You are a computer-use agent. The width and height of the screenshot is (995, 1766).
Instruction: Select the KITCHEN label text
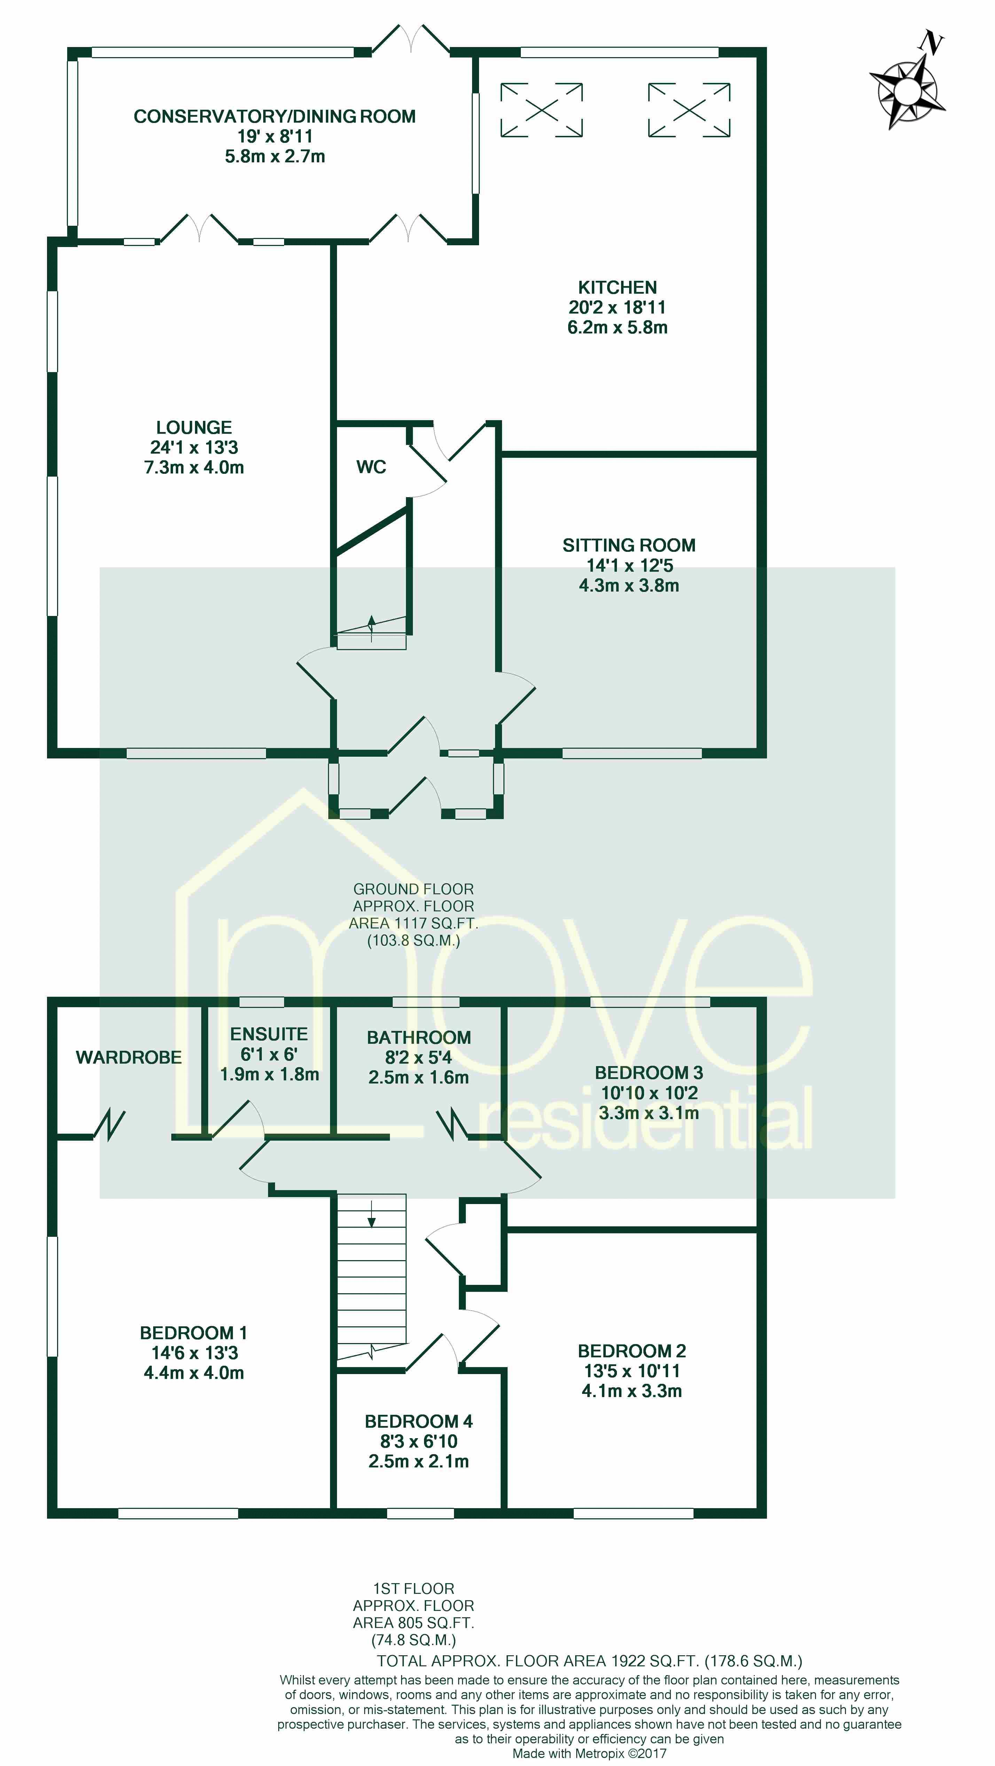point(617,287)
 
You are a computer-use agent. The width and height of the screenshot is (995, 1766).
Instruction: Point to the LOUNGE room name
point(194,427)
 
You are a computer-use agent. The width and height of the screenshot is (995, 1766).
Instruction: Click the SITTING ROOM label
point(629,545)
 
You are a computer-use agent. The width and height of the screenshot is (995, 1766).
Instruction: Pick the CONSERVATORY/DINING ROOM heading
point(275,117)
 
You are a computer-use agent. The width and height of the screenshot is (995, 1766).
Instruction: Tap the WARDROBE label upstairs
point(129,1057)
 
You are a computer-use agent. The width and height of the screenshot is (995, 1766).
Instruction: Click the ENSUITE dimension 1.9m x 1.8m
point(269,1074)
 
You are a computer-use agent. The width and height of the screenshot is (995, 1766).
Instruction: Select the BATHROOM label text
point(419,1037)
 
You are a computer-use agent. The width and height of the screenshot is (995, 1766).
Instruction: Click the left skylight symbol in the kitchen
point(541,110)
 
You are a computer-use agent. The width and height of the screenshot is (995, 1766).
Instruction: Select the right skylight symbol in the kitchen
point(689,110)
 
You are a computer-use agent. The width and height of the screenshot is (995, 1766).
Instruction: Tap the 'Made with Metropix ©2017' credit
point(589,1753)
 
